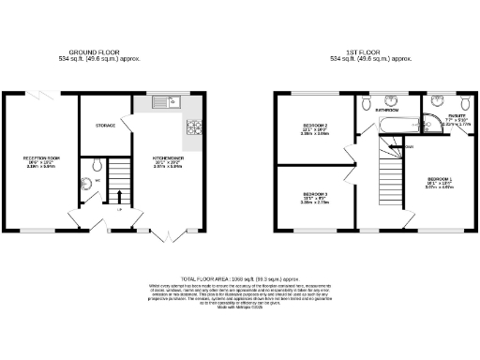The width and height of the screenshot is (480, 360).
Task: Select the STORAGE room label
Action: click(x=105, y=125)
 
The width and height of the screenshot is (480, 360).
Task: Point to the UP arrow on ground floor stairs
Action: click(x=118, y=197)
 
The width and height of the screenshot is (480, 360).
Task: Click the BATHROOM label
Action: click(x=387, y=110)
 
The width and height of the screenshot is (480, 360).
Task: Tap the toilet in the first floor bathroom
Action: click(x=367, y=100)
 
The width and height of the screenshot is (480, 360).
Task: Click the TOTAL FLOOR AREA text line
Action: click(x=239, y=279)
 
